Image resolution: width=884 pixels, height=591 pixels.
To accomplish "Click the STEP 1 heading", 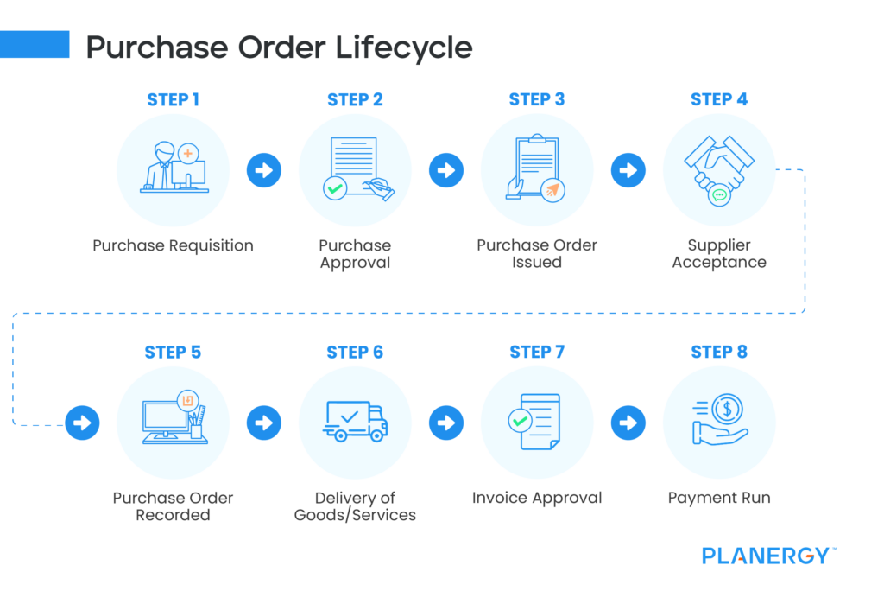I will (173, 99).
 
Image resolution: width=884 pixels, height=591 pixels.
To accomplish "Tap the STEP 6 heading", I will (355, 352).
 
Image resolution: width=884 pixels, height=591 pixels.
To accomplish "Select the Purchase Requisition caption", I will (173, 245).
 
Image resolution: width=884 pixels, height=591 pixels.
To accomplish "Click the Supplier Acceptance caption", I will (719, 253).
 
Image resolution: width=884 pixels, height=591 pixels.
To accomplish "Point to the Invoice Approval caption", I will (537, 498).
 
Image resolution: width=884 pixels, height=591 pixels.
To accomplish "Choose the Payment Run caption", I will (719, 498).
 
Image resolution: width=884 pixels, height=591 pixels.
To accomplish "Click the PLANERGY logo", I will (766, 556).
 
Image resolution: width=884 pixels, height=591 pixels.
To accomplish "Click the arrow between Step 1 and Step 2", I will (264, 170).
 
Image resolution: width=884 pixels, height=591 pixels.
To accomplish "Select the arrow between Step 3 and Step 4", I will (628, 170).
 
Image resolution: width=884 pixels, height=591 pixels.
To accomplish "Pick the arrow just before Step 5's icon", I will (82, 423).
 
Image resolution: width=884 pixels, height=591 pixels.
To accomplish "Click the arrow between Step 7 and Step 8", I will (628, 423).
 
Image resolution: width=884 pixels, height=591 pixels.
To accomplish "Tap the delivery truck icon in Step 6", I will (355, 422).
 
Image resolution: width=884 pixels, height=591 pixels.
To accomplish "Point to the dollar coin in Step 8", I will (728, 408).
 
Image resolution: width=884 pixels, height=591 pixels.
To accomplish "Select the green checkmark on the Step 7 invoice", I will (520, 422).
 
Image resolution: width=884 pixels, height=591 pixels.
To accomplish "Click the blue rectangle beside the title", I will (35, 44).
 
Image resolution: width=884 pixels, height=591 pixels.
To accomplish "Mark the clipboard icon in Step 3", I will (535, 164).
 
